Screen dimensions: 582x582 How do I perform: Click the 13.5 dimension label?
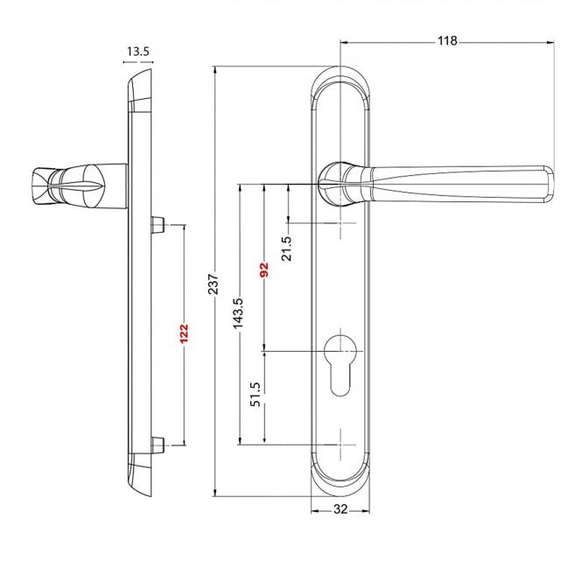click(x=137, y=53)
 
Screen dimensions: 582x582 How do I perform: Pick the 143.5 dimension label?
click(x=237, y=313)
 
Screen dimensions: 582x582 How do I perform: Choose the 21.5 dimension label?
click(x=287, y=248)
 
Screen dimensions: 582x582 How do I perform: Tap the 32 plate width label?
click(x=342, y=509)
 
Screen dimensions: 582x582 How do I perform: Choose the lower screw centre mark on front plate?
click(x=342, y=444)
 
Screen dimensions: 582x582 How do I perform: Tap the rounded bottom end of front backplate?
click(x=342, y=486)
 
